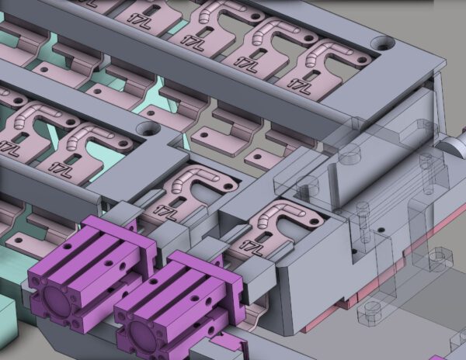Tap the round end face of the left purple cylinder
coord(57,299)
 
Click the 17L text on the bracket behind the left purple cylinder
coord(165,211)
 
